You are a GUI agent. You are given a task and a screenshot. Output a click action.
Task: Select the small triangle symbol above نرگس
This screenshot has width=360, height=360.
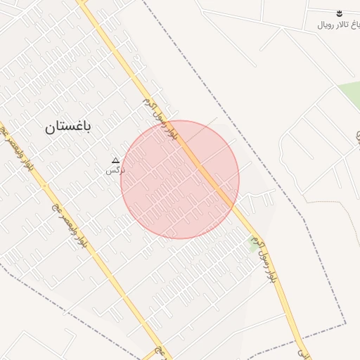click(116, 161)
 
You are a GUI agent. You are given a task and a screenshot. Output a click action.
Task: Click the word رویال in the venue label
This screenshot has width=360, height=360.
click(324, 25)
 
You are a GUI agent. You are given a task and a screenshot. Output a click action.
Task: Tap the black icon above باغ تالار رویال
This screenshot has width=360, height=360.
click(339, 13)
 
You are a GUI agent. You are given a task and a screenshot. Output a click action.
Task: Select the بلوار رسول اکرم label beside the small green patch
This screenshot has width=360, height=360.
click(266, 260)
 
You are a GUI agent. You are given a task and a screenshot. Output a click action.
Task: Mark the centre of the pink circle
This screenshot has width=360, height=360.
click(180, 179)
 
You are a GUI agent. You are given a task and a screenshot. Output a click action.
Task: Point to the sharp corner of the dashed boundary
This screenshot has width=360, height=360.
click(345, 324)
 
